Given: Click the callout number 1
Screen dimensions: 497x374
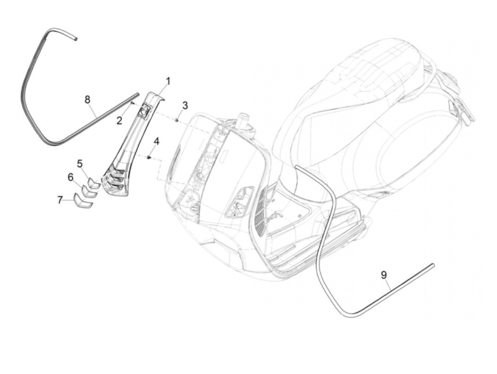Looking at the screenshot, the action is tap(168, 82).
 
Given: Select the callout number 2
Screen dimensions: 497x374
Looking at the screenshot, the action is tap(120, 121).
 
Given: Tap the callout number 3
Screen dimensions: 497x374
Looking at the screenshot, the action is tap(185, 105).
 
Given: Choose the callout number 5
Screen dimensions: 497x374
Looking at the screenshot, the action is tap(80, 164).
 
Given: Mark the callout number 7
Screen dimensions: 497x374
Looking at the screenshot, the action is tap(60, 200).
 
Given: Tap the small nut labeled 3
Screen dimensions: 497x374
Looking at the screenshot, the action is tap(176, 120).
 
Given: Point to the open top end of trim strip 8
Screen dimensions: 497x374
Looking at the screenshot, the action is tap(75, 38).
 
